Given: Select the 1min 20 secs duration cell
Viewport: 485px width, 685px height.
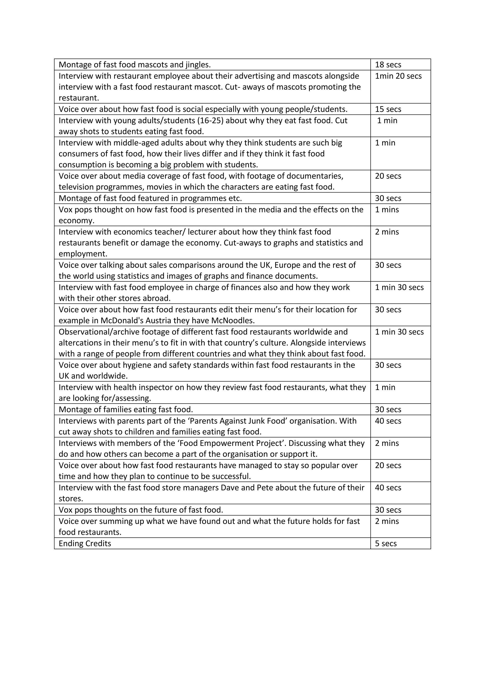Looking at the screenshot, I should [x=398, y=76].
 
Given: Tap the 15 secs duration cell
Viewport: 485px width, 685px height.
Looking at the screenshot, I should [x=388, y=109].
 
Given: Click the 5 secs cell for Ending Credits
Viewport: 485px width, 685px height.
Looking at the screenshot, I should [x=386, y=544].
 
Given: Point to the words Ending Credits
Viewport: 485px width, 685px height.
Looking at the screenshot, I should [x=85, y=544].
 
